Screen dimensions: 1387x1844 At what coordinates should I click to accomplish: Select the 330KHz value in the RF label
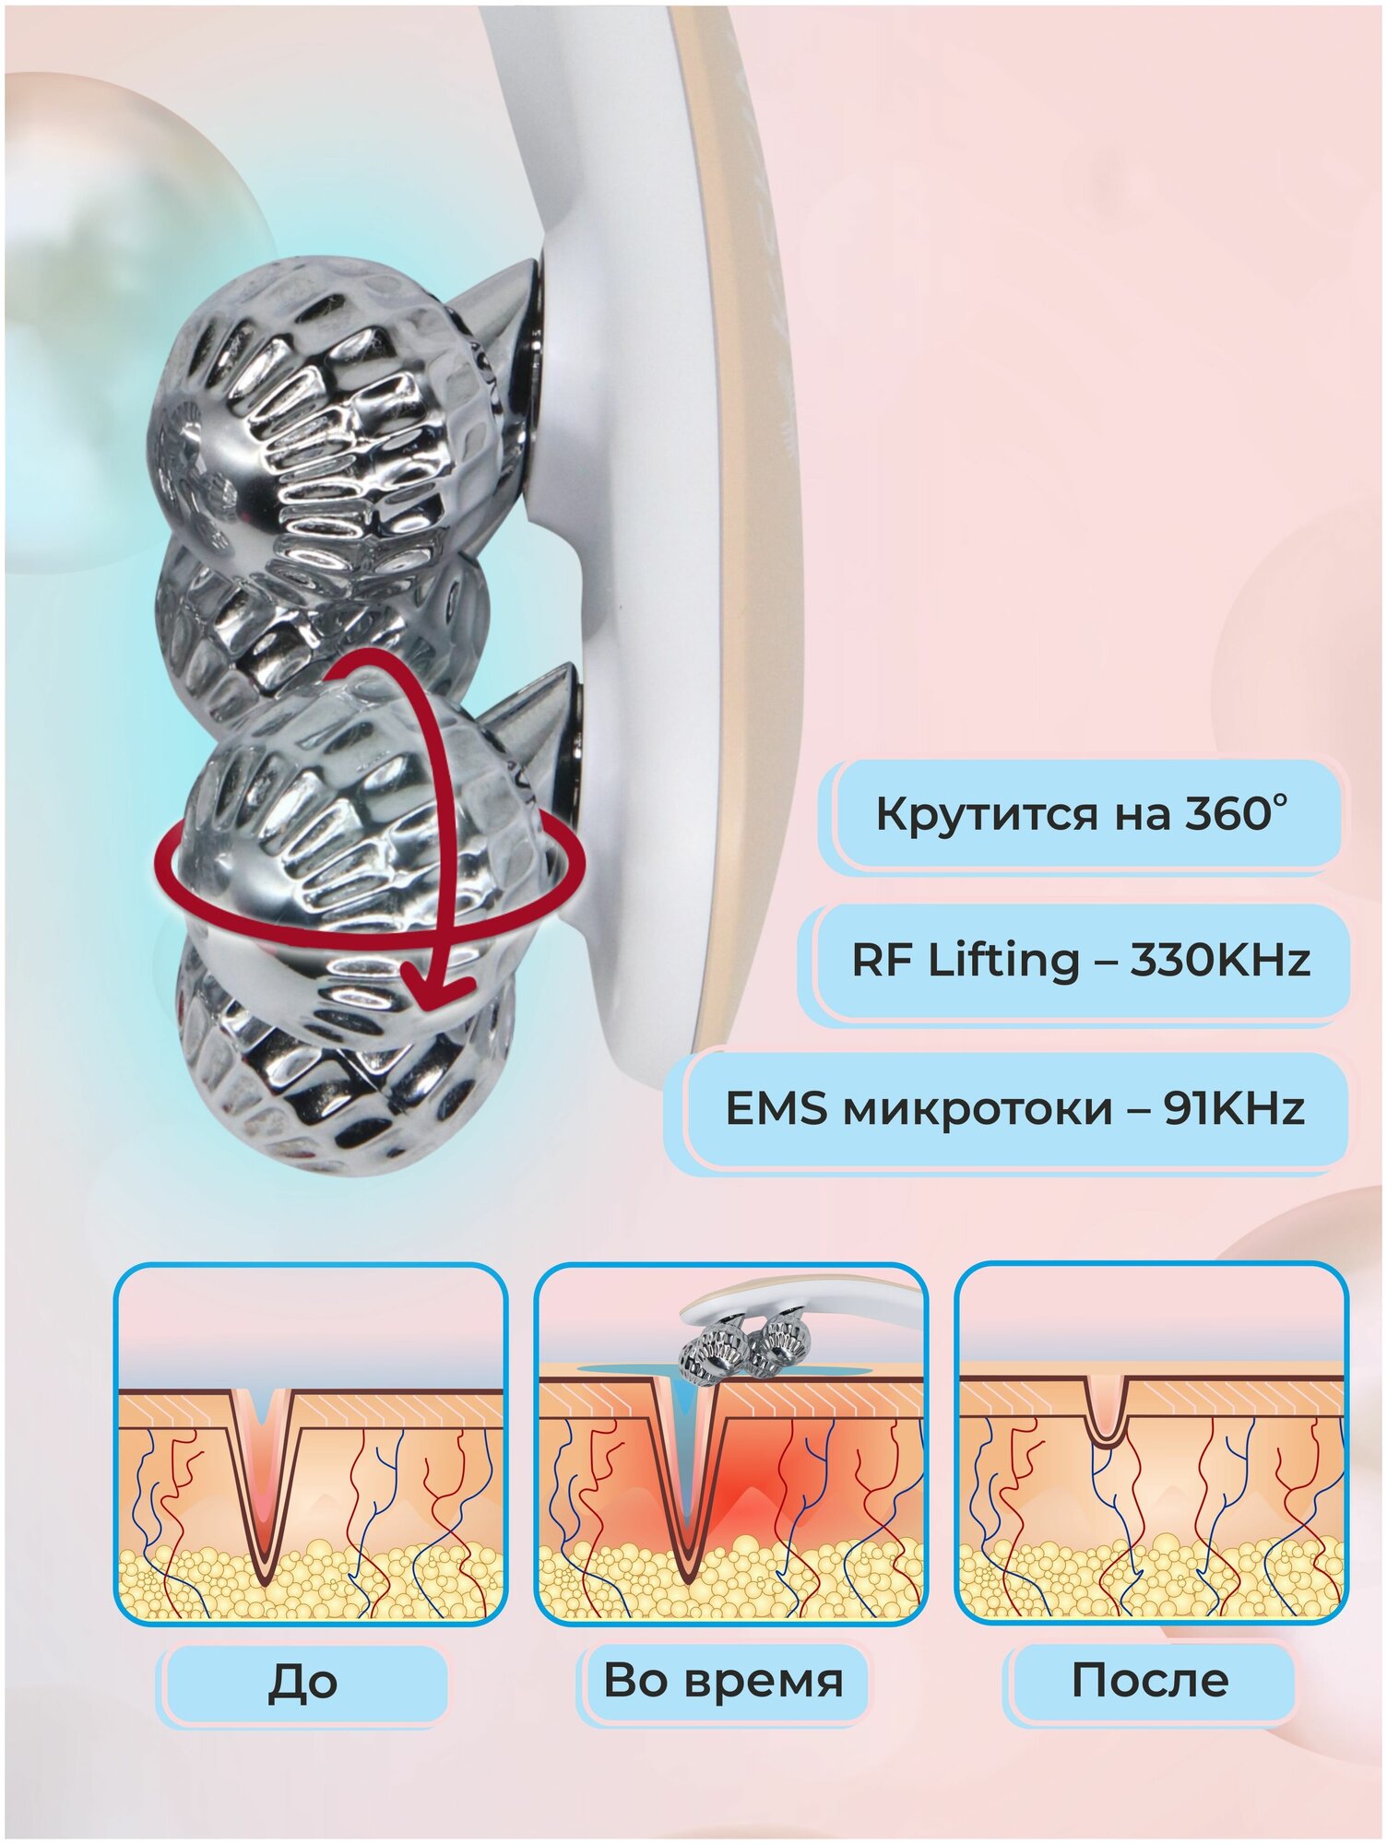point(1219,960)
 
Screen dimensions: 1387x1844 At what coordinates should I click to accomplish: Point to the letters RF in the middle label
point(883,960)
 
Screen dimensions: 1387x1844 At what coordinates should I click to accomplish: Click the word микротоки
point(978,1109)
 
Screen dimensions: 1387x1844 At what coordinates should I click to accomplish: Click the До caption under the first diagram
point(303,1683)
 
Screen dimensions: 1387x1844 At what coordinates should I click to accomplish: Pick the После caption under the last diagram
point(1149,1681)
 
